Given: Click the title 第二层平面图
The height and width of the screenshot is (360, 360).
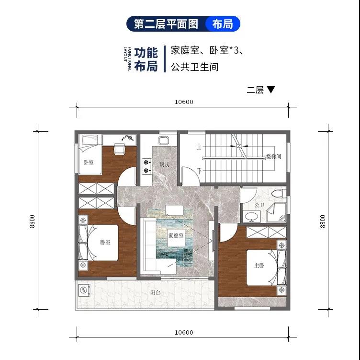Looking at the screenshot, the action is coord(166,24).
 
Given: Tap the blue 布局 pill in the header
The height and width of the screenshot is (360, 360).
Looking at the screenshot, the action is coord(223,23).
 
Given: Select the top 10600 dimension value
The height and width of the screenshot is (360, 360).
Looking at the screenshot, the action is coord(184,102).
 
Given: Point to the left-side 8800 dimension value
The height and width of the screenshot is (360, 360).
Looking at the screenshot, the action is coord(32,221).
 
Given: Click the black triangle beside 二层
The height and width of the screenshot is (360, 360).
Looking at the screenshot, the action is coord(271,89).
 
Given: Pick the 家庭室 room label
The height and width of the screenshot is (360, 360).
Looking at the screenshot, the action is coord(176,236).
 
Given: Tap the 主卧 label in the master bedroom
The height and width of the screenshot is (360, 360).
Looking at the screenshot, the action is coord(259,266).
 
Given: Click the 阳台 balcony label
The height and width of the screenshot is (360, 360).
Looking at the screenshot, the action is coord(155,292).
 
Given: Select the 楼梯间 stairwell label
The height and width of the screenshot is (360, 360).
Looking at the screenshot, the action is coord(274,156).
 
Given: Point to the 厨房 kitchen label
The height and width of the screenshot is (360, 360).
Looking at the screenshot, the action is coord(164,164).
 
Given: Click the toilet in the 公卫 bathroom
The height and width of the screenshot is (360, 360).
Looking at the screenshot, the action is coord(279,193).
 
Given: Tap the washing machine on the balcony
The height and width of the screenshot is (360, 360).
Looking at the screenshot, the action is coord(84,290).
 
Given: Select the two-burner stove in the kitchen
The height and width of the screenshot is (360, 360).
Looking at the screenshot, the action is coord(146,166).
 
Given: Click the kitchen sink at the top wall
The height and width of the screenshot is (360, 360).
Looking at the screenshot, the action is coord(164,140).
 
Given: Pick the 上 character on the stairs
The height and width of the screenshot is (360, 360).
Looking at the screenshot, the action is coord(199,146).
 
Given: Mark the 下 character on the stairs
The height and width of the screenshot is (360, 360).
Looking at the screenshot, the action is coord(200,171).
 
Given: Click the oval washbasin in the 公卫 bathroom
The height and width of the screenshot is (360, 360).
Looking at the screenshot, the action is coord(252,217).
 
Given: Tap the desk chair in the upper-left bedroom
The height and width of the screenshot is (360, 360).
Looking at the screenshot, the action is coord(119,149).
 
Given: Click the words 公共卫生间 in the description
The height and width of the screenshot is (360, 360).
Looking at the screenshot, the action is coord(194,67).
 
